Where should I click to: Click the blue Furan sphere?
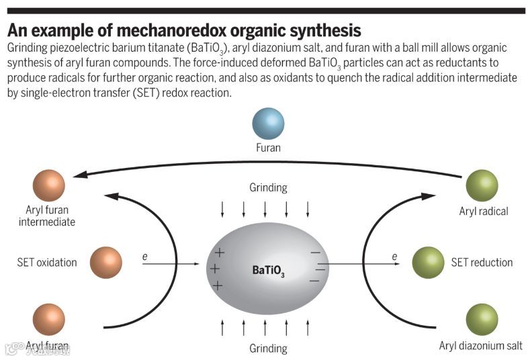coord(268,124)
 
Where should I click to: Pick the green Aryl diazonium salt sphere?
coord(482,320)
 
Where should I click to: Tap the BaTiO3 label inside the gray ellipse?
coord(268,271)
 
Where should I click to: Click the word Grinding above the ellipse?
coord(268,188)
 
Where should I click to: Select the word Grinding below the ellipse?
coord(268,349)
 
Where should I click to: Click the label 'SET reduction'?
coord(482,263)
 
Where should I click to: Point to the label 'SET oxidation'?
coord(47,263)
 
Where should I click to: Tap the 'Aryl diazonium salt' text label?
coord(480,346)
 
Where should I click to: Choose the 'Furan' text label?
coord(268,148)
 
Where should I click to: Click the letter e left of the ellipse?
coord(144,257)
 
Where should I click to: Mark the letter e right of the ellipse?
coord(394,257)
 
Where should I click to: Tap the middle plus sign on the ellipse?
coord(215,269)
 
